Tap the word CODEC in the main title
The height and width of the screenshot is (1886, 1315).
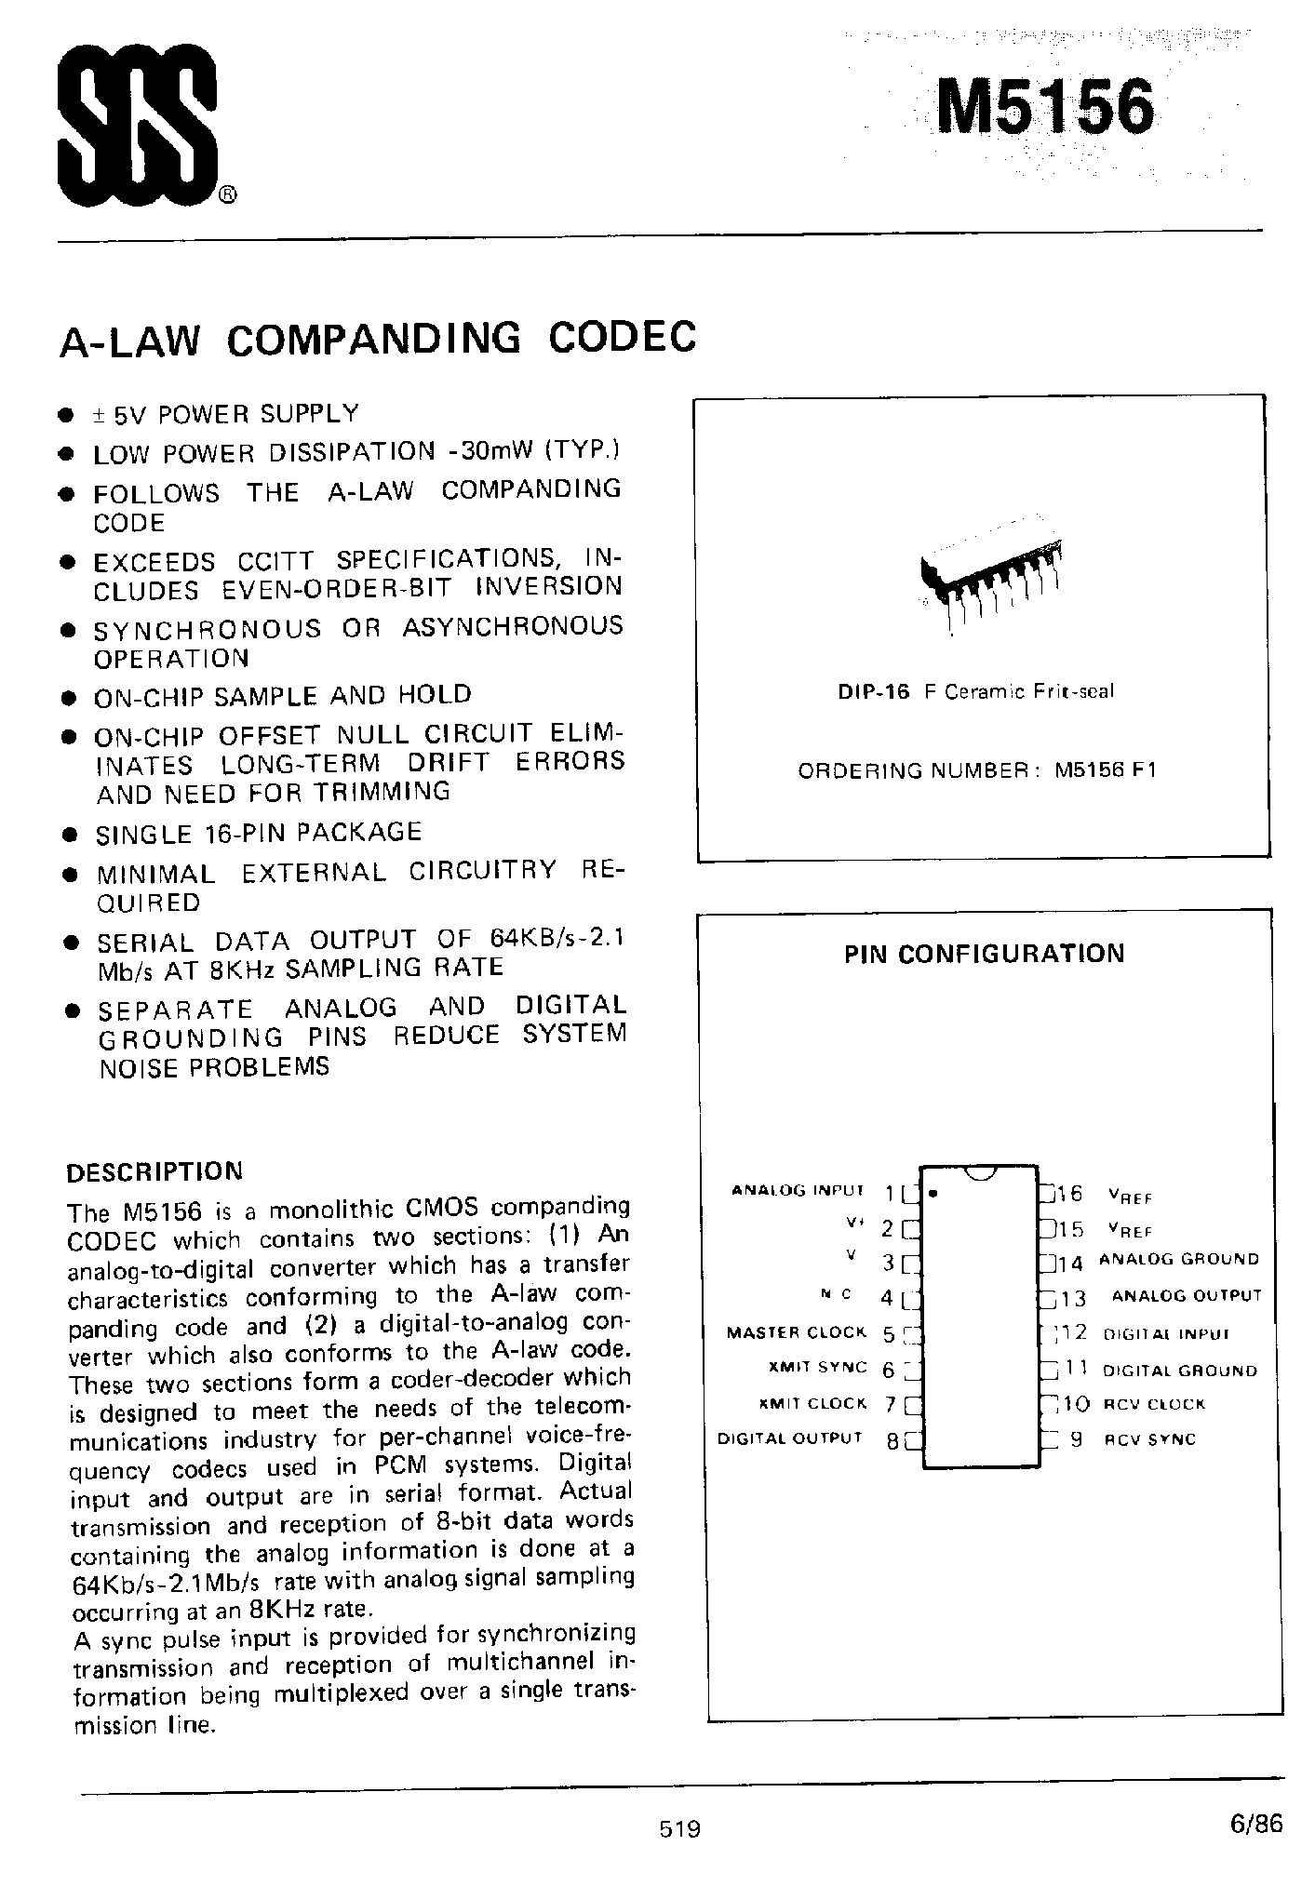[x=622, y=338]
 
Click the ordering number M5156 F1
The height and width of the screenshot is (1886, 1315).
[x=1106, y=771]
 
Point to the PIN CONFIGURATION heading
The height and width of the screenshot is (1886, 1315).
[x=984, y=954]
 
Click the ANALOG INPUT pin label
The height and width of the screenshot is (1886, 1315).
[x=798, y=1190]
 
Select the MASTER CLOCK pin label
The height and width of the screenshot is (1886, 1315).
[x=796, y=1332]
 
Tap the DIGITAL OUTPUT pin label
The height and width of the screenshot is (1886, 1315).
[x=789, y=1438]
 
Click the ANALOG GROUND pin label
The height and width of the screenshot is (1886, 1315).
[x=1179, y=1260]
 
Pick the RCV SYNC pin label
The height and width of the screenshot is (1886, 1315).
[x=1149, y=1439]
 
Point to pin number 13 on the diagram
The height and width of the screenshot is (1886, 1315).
[x=1073, y=1298]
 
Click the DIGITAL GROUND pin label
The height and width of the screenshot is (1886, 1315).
[x=1179, y=1371]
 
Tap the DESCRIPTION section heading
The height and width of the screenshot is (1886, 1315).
[x=154, y=1170]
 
